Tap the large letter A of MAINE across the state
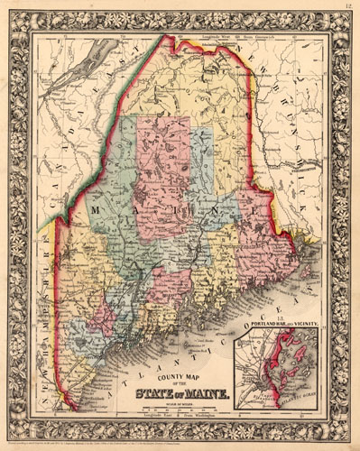click(132, 209)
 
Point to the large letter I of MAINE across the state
click(165, 211)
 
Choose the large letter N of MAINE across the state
click(199, 213)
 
